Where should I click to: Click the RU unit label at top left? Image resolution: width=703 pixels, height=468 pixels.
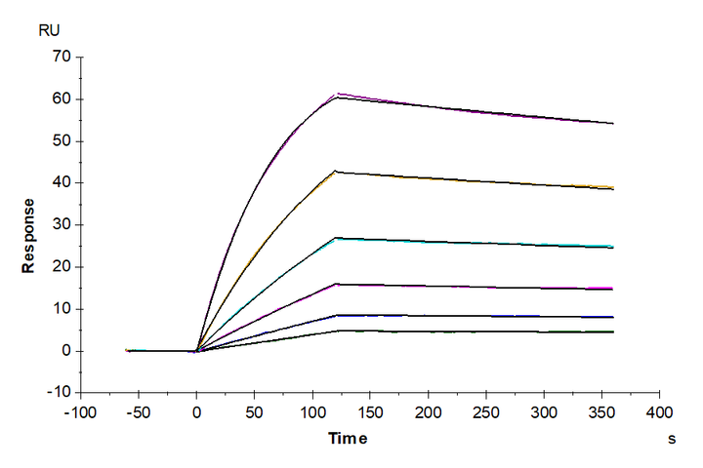48,30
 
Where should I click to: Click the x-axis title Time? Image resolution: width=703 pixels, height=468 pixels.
348,439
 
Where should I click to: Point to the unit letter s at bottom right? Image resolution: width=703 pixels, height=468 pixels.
672,440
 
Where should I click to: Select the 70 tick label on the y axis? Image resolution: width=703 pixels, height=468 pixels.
61,57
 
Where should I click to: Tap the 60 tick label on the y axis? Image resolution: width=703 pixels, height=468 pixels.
61,98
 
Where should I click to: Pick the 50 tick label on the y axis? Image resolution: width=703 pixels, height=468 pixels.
61,140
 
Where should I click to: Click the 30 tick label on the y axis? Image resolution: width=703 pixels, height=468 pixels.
61,224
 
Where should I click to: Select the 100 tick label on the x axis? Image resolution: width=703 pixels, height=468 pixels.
312,411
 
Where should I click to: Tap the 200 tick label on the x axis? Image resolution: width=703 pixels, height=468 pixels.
428,411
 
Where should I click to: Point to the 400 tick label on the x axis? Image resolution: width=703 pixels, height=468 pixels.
659,411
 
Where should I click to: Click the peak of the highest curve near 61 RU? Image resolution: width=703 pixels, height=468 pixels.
337,95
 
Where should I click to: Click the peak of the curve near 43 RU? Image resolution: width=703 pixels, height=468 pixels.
337,172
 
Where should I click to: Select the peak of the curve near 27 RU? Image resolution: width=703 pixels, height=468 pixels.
337,237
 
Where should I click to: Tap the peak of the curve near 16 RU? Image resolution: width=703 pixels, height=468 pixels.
337,284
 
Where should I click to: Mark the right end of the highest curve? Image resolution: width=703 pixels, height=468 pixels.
613,123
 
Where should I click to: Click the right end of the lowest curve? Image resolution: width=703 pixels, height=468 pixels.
613,331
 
